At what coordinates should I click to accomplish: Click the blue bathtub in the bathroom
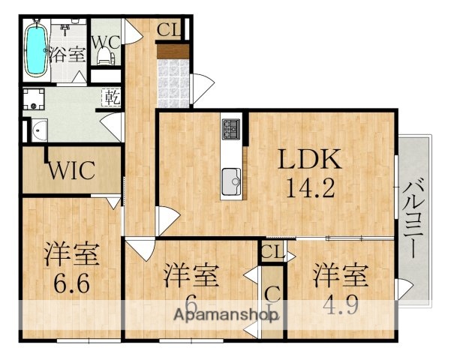(35, 49)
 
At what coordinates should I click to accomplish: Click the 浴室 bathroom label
(68, 54)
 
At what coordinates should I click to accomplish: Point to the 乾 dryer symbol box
(110, 97)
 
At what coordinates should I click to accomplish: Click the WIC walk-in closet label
(72, 170)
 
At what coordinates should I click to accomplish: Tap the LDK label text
(311, 159)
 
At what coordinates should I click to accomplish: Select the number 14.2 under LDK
(311, 188)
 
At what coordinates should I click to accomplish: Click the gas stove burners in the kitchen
(231, 130)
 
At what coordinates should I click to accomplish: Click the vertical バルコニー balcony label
(413, 217)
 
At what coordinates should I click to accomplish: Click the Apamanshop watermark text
(225, 316)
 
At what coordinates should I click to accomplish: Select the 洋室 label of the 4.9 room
(341, 275)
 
